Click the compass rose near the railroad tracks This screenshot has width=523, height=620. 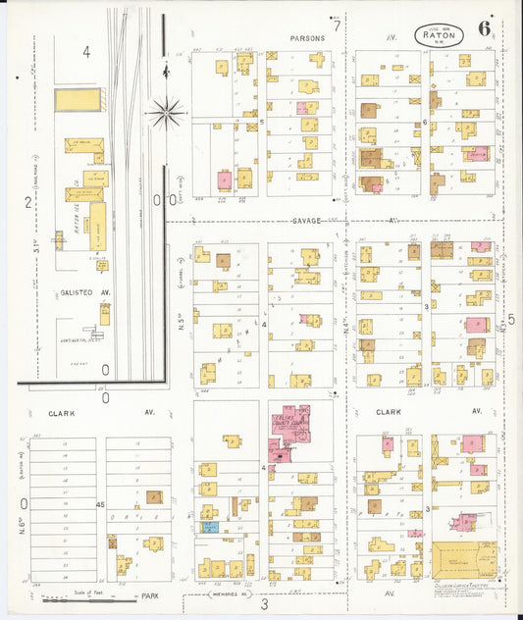[x=167, y=113]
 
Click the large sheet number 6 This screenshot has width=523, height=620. [x=485, y=27]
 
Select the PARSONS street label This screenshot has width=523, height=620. [x=307, y=38]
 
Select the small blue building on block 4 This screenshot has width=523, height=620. [x=210, y=527]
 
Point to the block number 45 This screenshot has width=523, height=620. [x=100, y=504]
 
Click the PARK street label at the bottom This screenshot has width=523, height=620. [x=149, y=594]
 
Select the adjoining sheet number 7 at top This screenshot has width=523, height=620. [x=336, y=26]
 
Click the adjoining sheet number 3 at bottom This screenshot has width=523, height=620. [x=263, y=604]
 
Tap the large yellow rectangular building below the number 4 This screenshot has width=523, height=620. [x=78, y=99]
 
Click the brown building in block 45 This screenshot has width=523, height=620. [x=154, y=497]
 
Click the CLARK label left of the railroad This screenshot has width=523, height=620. [x=60, y=413]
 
